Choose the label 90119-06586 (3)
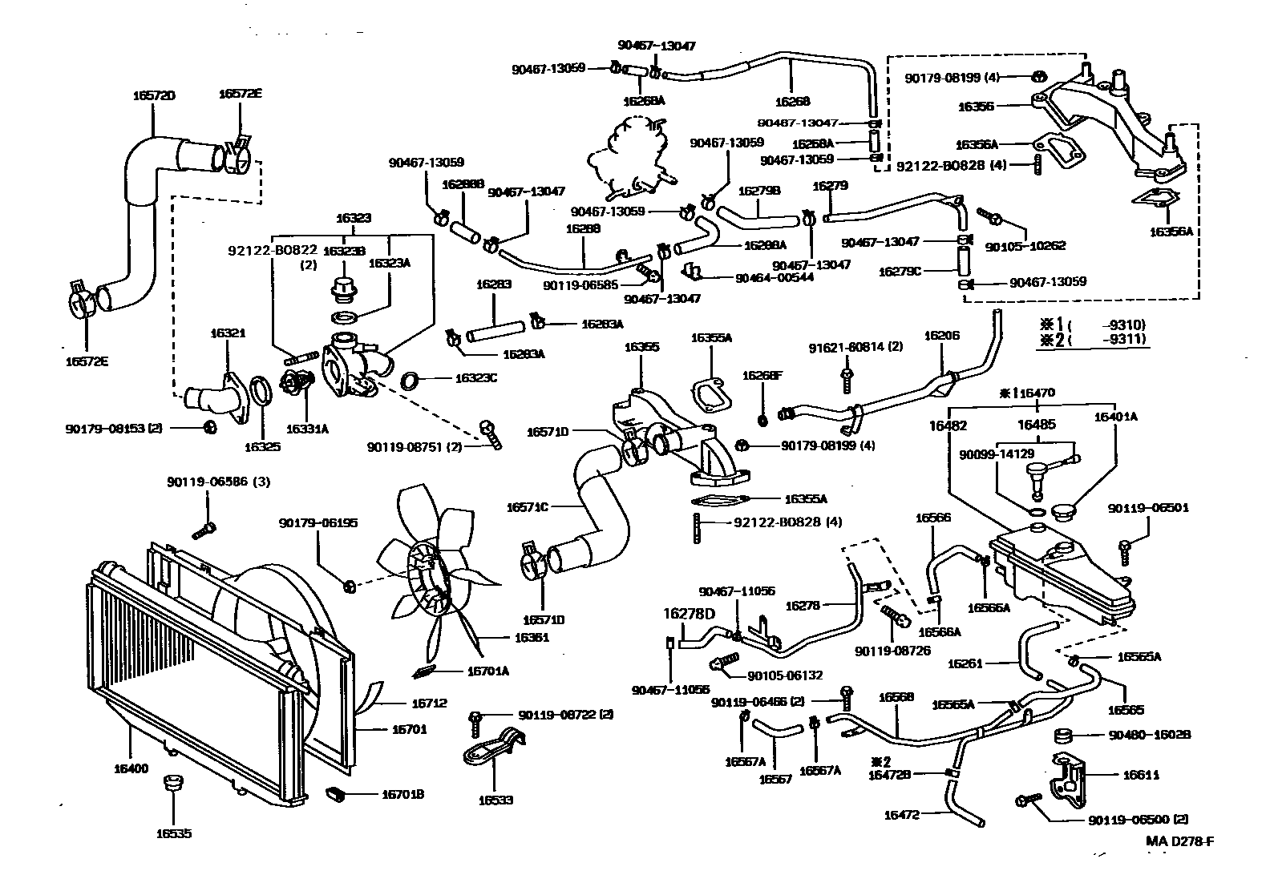point(208,482)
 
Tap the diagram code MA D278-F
point(1179,841)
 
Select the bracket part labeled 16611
point(1067,776)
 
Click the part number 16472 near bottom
point(901,815)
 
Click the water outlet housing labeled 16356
point(1098,120)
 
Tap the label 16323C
point(476,378)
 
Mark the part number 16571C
point(527,507)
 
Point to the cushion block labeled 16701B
point(336,794)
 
